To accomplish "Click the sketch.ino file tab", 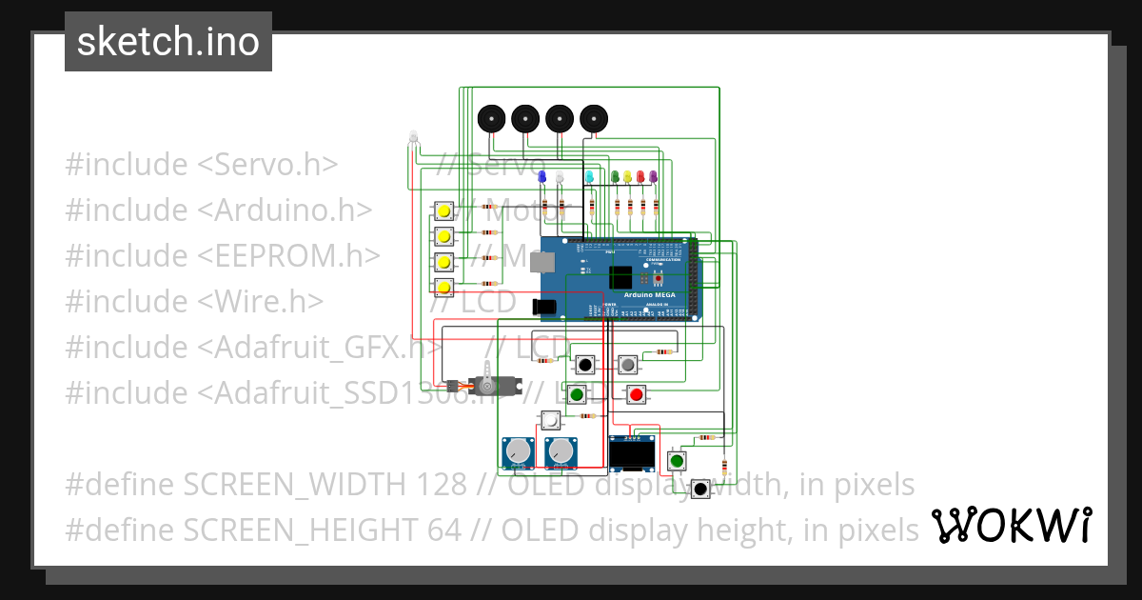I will tap(168, 42).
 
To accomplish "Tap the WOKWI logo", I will tap(1011, 525).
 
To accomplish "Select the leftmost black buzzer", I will tap(490, 119).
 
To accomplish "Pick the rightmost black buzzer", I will tap(594, 119).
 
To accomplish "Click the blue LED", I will tap(541, 177).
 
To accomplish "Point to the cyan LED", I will tap(589, 177).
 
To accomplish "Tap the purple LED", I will tap(653, 177).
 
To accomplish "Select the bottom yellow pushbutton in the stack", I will tap(443, 287).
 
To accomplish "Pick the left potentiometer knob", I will tap(519, 451).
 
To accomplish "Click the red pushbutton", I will tap(636, 394).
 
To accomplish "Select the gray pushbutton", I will tap(627, 364).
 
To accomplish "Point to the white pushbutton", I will tap(551, 420).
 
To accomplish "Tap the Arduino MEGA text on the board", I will tap(650, 295).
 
